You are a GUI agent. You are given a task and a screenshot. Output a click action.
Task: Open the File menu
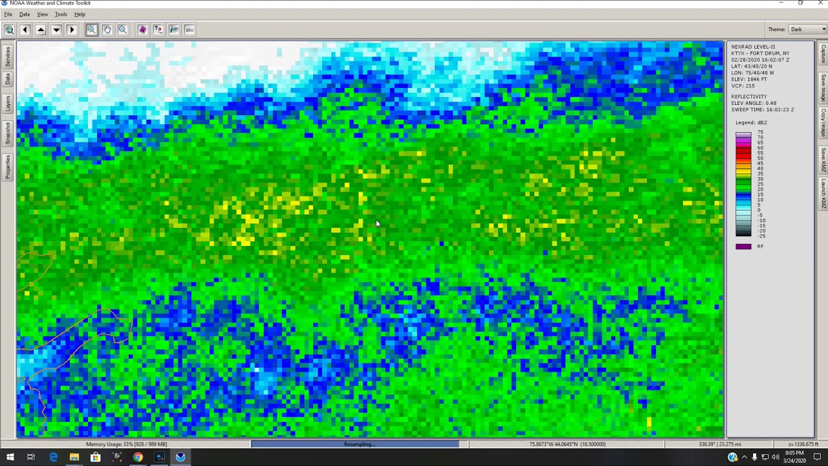(8, 14)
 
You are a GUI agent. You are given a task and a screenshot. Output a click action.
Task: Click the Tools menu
(61, 14)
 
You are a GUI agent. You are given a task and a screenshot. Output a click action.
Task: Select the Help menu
(80, 14)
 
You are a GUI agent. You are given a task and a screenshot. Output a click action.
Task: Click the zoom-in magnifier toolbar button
(92, 30)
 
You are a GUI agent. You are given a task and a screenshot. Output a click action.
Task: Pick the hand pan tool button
(107, 30)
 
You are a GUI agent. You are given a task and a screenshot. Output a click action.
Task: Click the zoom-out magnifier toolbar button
(123, 30)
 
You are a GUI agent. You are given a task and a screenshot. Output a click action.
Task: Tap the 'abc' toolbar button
(190, 30)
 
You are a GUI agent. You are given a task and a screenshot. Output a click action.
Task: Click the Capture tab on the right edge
(823, 54)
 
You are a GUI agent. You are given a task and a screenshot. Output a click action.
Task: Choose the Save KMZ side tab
(823, 159)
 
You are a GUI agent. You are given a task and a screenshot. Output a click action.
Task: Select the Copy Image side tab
(823, 122)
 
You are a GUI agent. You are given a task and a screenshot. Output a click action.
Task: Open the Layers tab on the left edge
(8, 103)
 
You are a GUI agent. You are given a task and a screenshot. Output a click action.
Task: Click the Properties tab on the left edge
(8, 166)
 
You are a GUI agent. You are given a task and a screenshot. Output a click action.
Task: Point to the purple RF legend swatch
(743, 247)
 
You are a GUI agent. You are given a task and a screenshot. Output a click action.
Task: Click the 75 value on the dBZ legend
(760, 132)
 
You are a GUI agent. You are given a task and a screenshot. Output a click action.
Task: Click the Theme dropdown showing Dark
(807, 29)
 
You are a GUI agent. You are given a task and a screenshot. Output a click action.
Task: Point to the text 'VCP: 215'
(743, 85)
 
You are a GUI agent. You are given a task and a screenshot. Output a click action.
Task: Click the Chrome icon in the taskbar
(138, 457)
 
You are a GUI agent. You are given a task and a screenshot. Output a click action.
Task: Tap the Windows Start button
(10, 457)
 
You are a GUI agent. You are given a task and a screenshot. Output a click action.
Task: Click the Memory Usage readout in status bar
(126, 444)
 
